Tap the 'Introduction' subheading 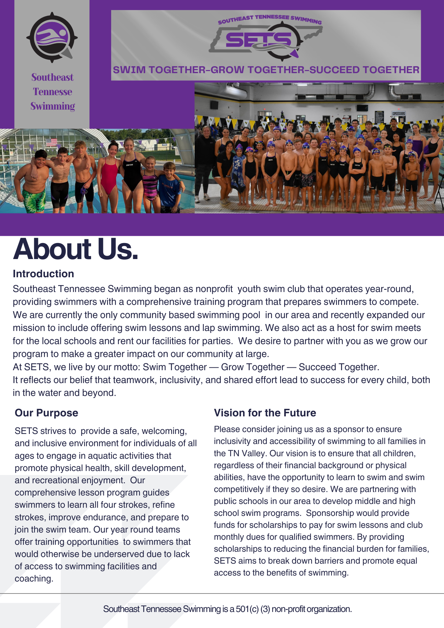click(43, 274)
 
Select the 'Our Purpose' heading click(46, 413)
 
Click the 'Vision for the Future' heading click(265, 413)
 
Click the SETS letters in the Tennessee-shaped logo click(258, 40)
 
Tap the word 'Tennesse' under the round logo click(52, 92)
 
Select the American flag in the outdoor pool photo click(51, 142)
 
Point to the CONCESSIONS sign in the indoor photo click(398, 113)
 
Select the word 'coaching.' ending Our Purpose click(34, 578)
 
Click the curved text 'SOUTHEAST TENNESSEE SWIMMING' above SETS click(270, 19)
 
